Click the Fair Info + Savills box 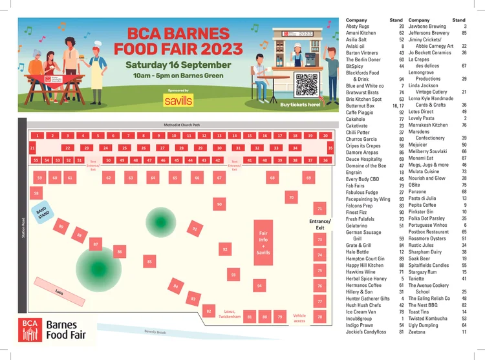(263, 242)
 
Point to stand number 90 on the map (220, 204)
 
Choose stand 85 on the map (150, 262)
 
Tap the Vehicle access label (299, 318)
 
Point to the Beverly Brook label (155, 333)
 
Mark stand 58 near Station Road (37, 193)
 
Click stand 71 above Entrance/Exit (319, 209)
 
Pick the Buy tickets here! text (300, 104)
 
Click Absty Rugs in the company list (358, 26)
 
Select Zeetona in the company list (418, 332)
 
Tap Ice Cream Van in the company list (361, 312)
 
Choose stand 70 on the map (292, 197)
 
